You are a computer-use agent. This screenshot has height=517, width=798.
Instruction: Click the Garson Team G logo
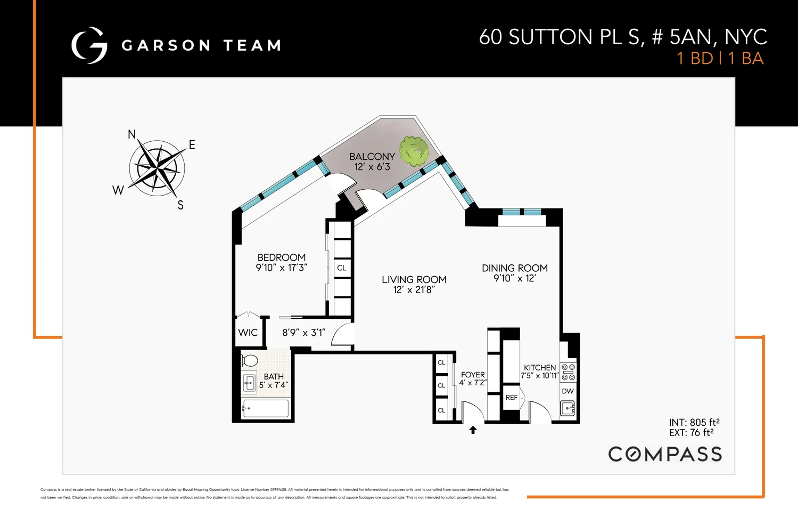(89, 45)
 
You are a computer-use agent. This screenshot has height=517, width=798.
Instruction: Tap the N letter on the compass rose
(131, 134)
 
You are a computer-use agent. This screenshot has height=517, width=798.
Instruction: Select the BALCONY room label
(372, 157)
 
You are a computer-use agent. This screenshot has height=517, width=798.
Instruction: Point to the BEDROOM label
(282, 257)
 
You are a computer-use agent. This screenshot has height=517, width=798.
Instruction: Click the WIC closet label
(248, 333)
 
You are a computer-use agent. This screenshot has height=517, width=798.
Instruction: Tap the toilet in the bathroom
(249, 361)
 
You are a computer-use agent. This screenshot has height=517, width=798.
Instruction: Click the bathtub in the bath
(265, 408)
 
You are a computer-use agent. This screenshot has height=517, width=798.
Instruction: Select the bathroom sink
(249, 382)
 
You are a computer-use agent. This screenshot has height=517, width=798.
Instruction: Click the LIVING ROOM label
(414, 280)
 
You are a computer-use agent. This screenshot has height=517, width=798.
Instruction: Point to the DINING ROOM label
(514, 268)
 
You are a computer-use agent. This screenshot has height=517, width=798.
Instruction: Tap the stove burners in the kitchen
(568, 372)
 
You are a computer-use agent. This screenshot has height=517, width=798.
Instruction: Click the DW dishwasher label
(568, 391)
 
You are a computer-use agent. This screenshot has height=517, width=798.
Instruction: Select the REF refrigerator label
(511, 398)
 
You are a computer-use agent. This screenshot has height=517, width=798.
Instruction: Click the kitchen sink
(567, 409)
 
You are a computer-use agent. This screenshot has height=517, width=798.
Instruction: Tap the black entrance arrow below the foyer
(473, 430)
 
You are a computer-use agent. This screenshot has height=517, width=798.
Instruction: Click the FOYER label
(473, 375)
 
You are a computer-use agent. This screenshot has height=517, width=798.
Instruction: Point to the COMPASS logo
(665, 454)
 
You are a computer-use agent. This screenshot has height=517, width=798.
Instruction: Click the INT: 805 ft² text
(694, 422)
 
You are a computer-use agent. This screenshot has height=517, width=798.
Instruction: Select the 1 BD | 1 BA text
(720, 59)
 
